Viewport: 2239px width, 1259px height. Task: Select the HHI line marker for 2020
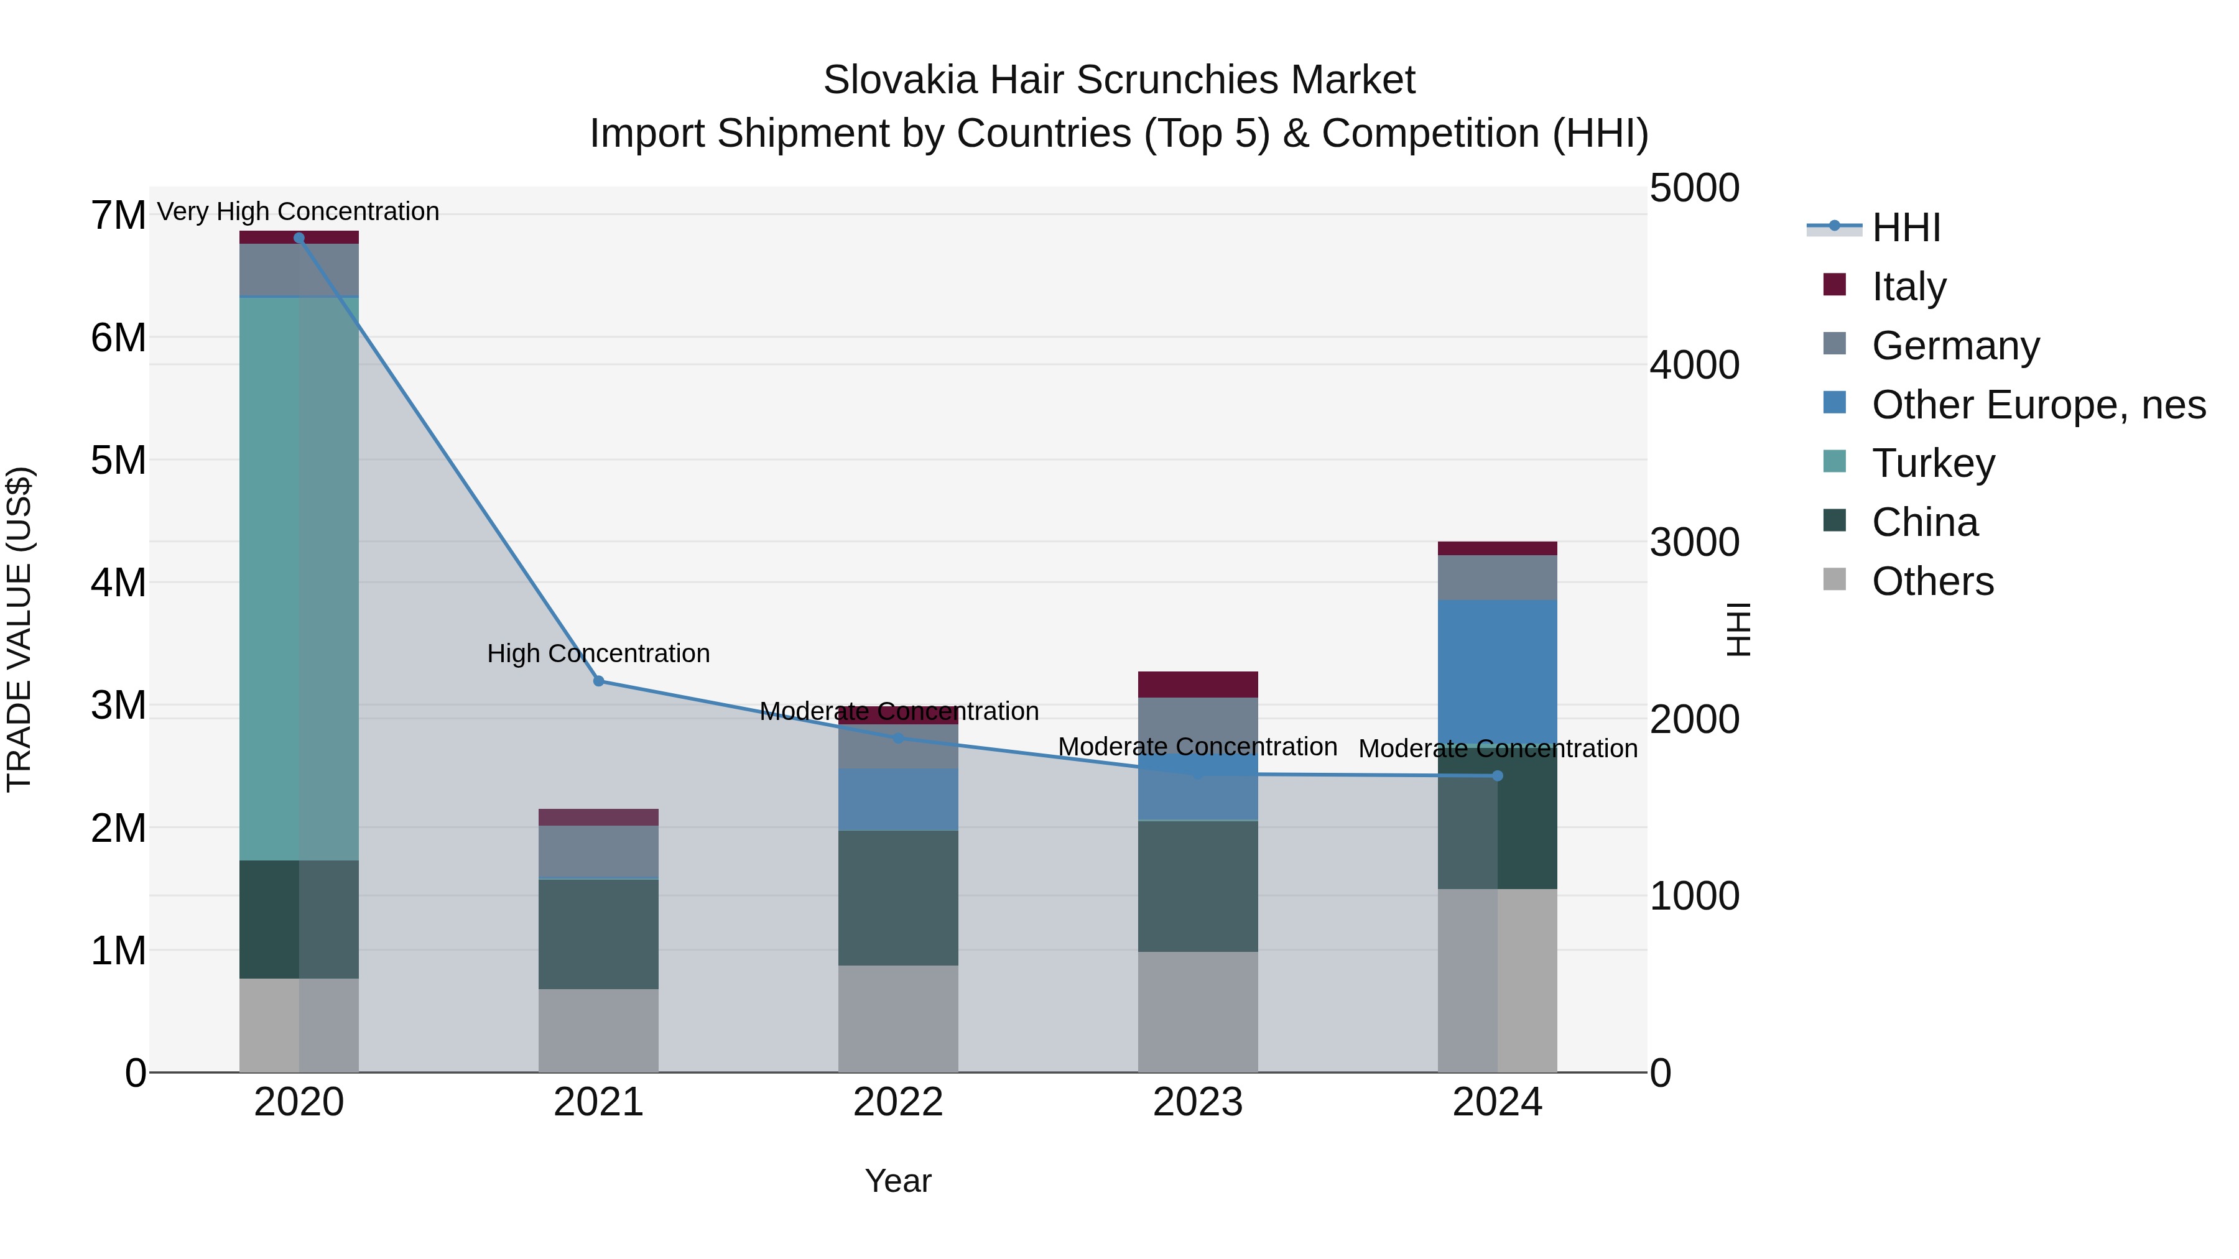[x=299, y=238]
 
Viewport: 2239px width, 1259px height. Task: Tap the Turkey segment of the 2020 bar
[x=299, y=578]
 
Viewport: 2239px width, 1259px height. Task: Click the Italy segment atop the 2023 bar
[x=1198, y=685]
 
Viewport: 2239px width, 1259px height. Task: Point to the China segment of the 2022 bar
[x=898, y=898]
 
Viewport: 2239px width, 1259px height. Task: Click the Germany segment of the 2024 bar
[x=1497, y=578]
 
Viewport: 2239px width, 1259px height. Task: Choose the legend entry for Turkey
[x=1933, y=463]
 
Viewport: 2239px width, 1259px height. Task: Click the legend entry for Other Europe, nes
[x=2038, y=405]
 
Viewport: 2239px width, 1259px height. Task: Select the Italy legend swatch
[x=1835, y=285]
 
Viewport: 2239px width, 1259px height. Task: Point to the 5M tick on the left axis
[x=119, y=461]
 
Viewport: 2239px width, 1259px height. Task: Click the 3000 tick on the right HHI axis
[x=1694, y=542]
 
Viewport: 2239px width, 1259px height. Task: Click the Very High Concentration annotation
[x=298, y=211]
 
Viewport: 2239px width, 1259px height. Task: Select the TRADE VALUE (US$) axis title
[x=20, y=629]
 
